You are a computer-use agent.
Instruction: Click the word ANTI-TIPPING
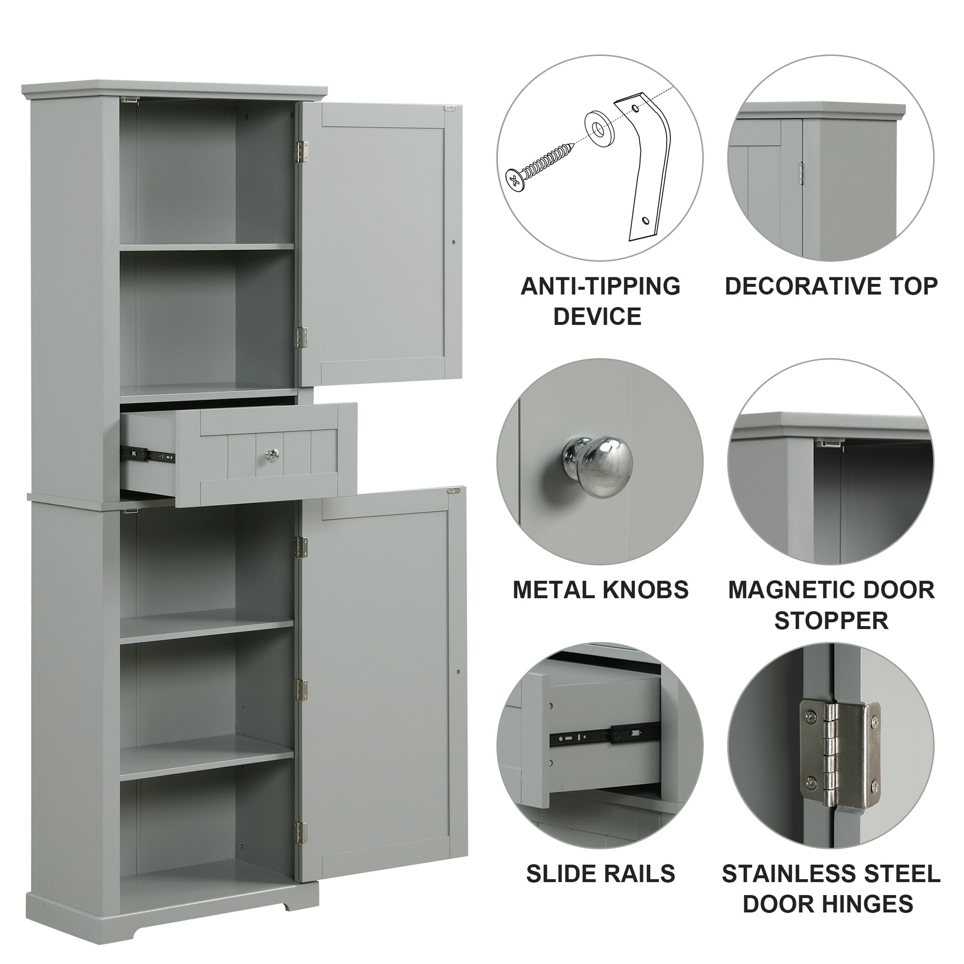click(600, 286)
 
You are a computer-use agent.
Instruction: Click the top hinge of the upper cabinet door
click(301, 151)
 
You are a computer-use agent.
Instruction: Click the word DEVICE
click(597, 317)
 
